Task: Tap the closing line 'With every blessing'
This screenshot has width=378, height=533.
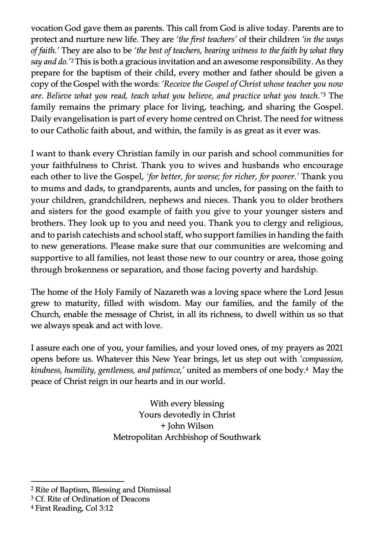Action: coord(187,403)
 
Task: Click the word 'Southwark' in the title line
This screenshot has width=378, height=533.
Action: coord(240,437)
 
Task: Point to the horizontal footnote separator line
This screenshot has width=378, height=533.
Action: coord(77,481)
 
